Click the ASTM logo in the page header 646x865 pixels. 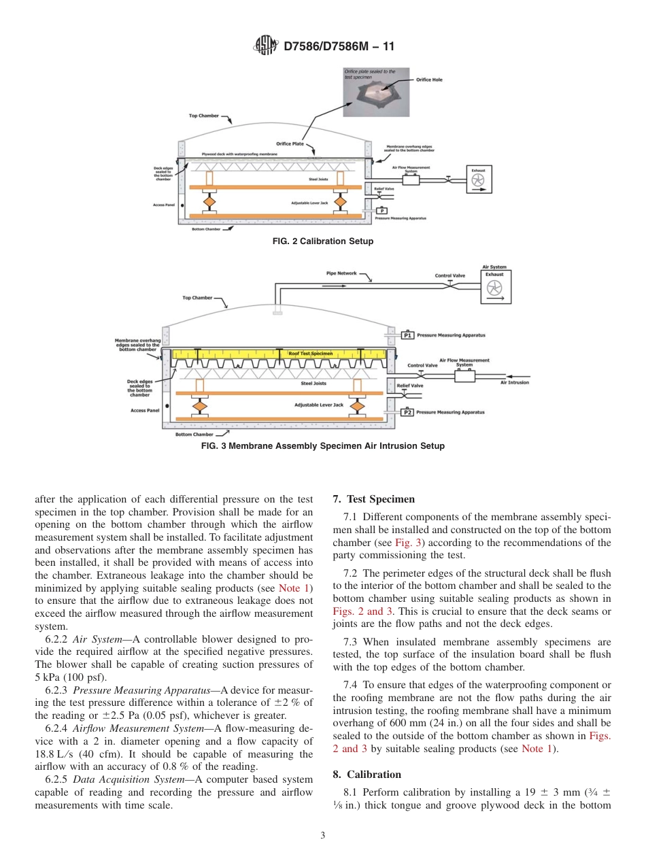(265, 46)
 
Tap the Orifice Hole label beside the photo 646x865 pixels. (429, 80)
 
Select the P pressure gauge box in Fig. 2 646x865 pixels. (381, 211)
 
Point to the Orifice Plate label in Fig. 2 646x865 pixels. (290, 143)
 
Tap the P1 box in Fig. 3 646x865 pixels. (407, 335)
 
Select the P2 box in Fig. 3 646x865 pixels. (407, 412)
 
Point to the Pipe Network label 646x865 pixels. (341, 273)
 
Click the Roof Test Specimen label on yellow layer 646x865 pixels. (310, 354)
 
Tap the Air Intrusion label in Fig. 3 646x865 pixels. (514, 382)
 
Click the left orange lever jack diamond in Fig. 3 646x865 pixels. (200, 405)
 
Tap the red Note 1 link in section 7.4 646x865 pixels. (534, 749)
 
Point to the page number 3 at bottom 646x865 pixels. (323, 836)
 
